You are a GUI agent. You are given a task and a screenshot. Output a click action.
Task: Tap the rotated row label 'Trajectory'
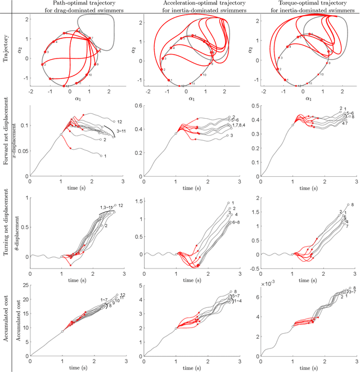point(6,50)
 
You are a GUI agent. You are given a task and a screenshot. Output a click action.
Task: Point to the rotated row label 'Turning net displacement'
point(6,230)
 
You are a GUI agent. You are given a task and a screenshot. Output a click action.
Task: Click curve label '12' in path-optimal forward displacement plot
point(118,121)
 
